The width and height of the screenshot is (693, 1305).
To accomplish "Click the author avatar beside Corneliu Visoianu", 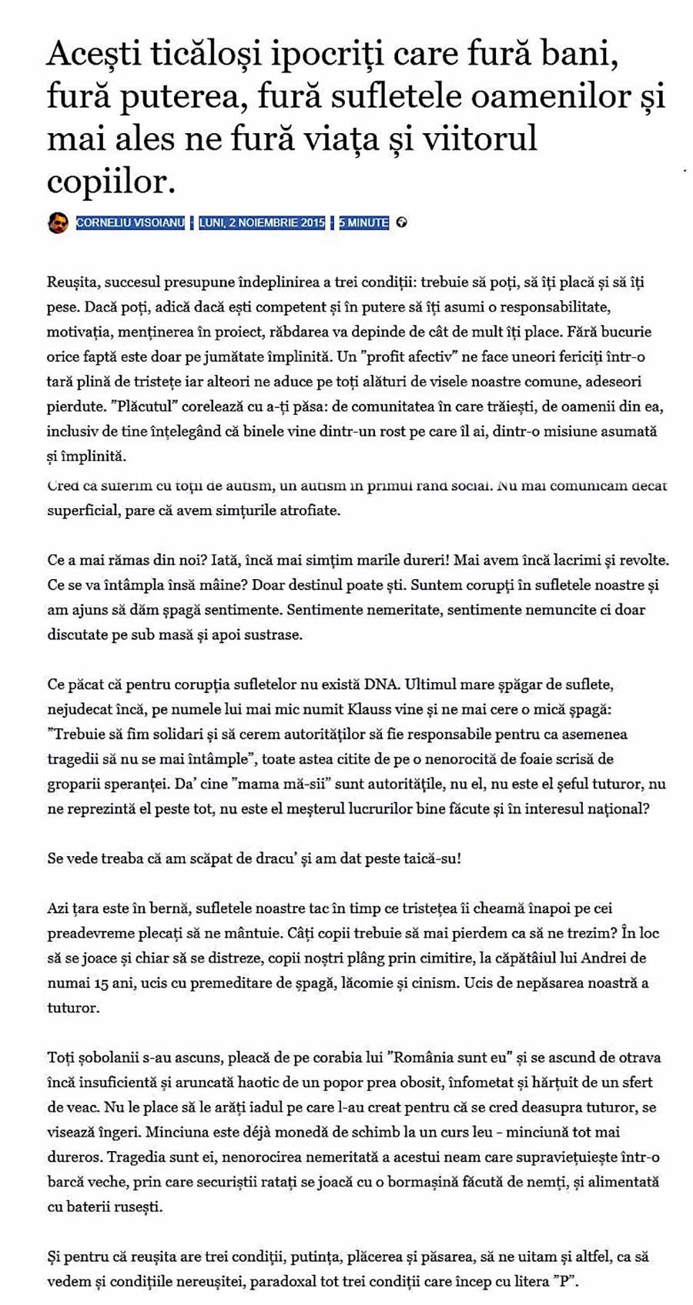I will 58,223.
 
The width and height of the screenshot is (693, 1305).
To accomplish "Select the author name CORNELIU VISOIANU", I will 130,223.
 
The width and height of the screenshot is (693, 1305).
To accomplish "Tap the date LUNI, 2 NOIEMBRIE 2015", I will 262,223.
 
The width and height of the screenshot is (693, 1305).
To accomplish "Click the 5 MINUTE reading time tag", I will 363,223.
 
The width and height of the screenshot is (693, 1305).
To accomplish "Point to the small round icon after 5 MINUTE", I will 401,223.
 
